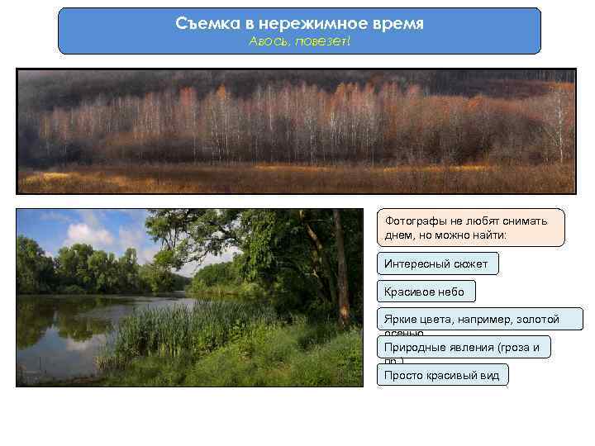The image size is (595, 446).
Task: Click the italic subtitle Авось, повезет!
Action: tap(299, 41)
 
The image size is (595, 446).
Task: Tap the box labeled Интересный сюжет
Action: tap(437, 264)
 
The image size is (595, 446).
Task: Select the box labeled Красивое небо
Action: tap(425, 292)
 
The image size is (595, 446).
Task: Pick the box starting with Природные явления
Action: tap(464, 348)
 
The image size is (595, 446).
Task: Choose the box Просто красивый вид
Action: tap(442, 375)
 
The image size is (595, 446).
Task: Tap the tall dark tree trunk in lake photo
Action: tap(340, 264)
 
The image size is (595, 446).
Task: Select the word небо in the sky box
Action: tap(450, 292)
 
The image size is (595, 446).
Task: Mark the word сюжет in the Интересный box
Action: tap(470, 264)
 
